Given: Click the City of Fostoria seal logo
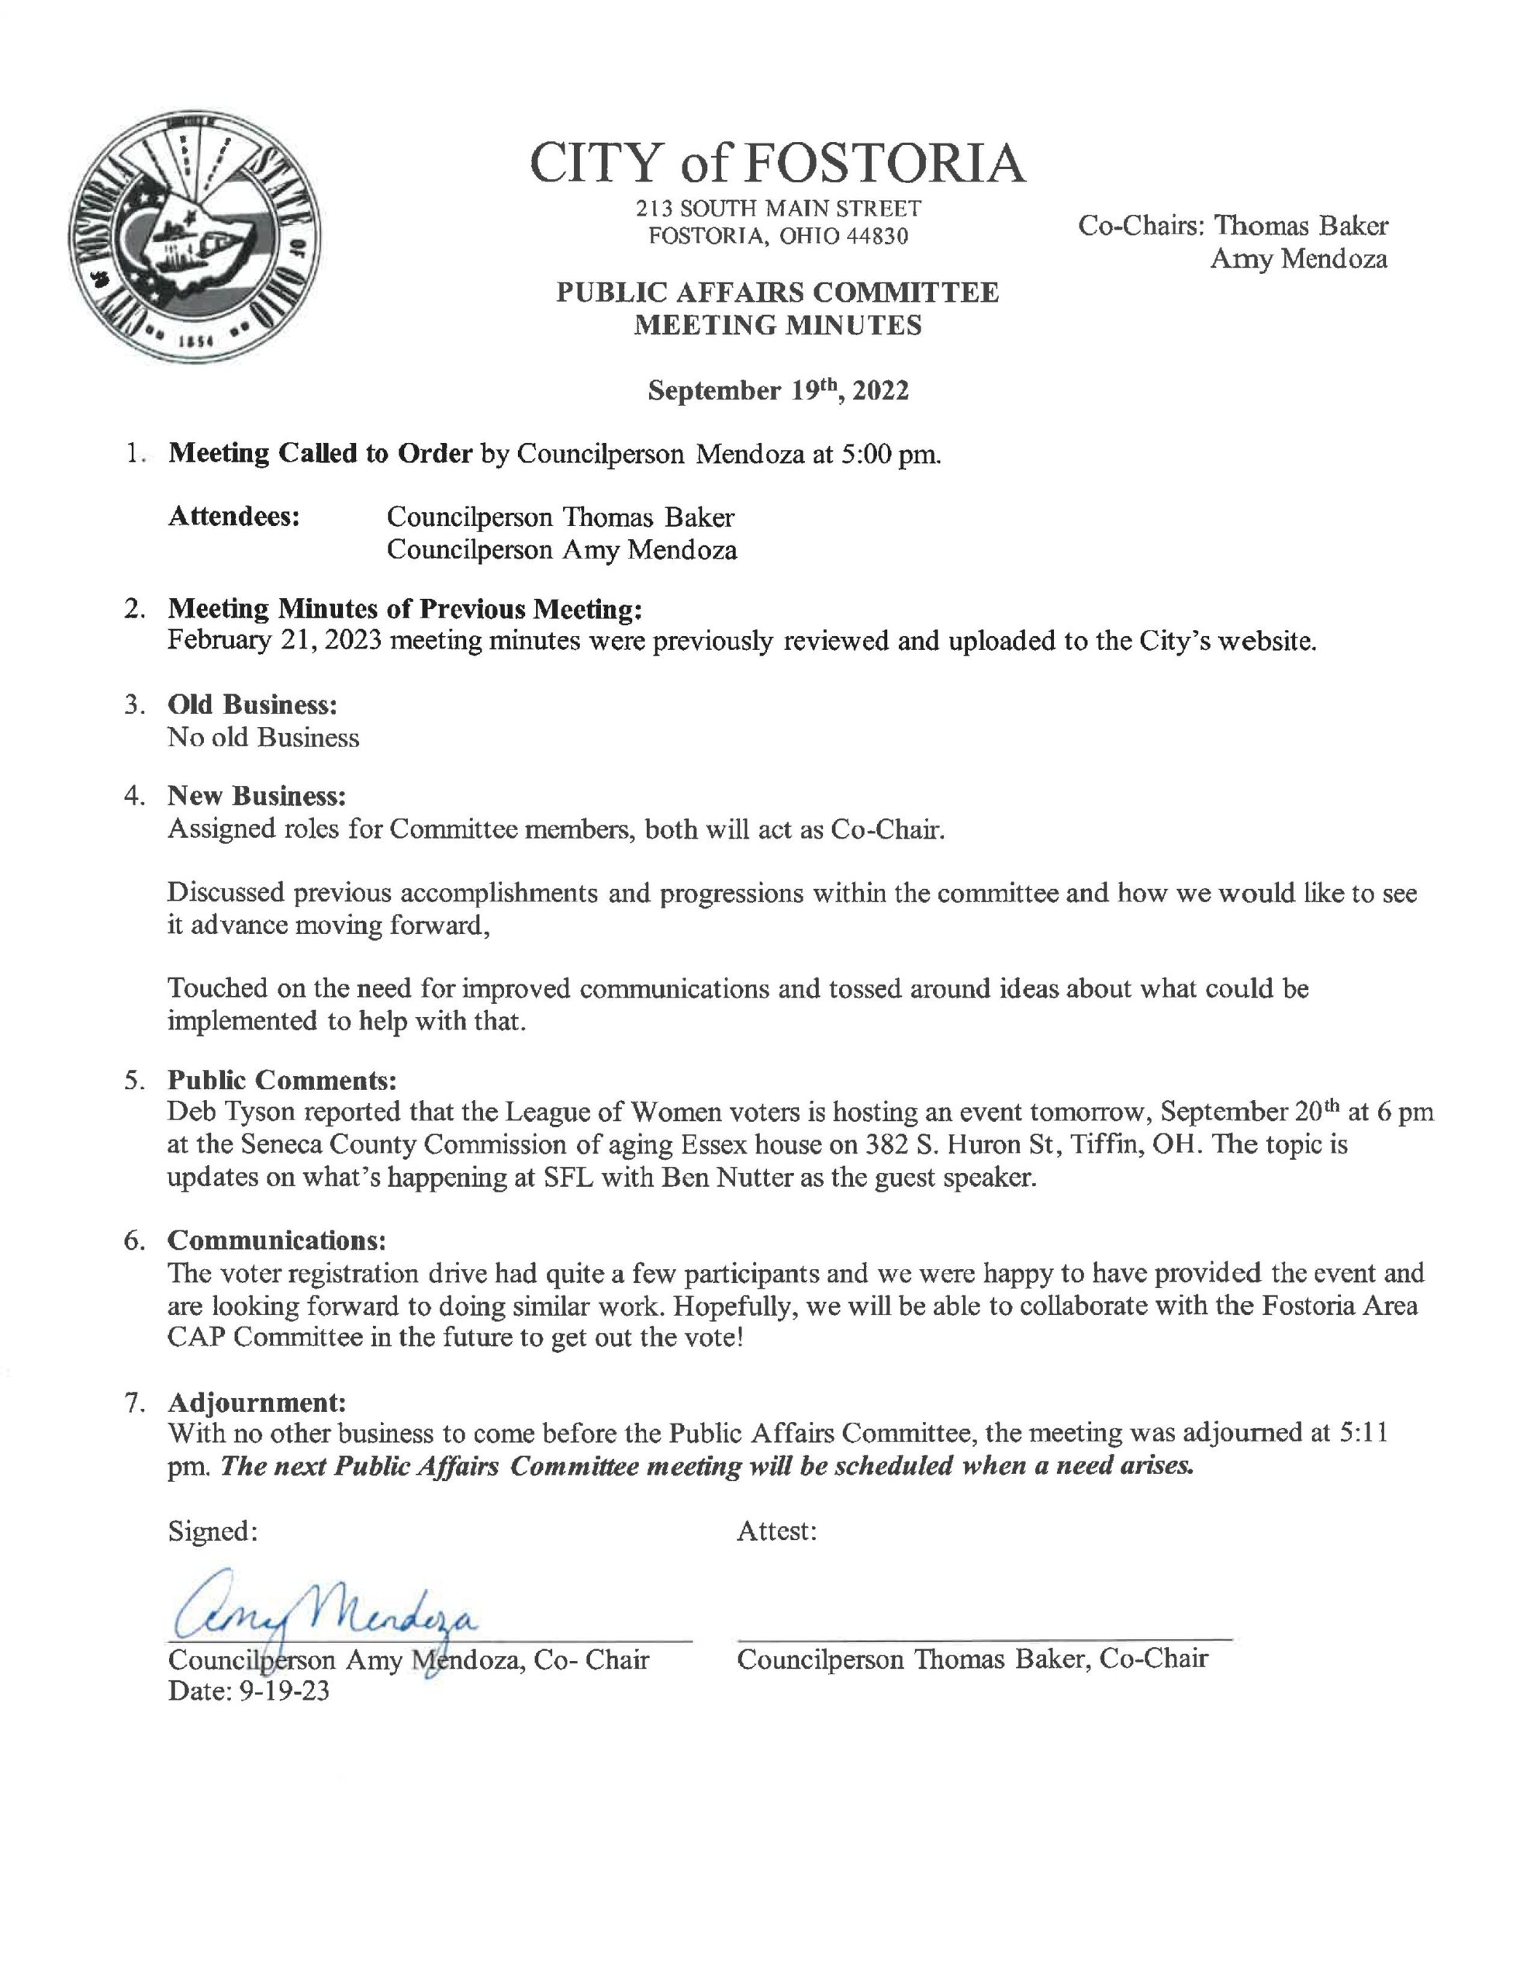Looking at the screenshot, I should pyautogui.click(x=194, y=238).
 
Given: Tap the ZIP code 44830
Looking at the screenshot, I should pyautogui.click(x=877, y=237).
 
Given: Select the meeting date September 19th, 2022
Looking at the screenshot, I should pyautogui.click(x=777, y=390).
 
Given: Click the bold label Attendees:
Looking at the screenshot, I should pyautogui.click(x=235, y=517).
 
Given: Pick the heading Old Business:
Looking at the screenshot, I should pyautogui.click(x=252, y=704).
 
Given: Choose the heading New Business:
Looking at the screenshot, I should pyautogui.click(x=257, y=796).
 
